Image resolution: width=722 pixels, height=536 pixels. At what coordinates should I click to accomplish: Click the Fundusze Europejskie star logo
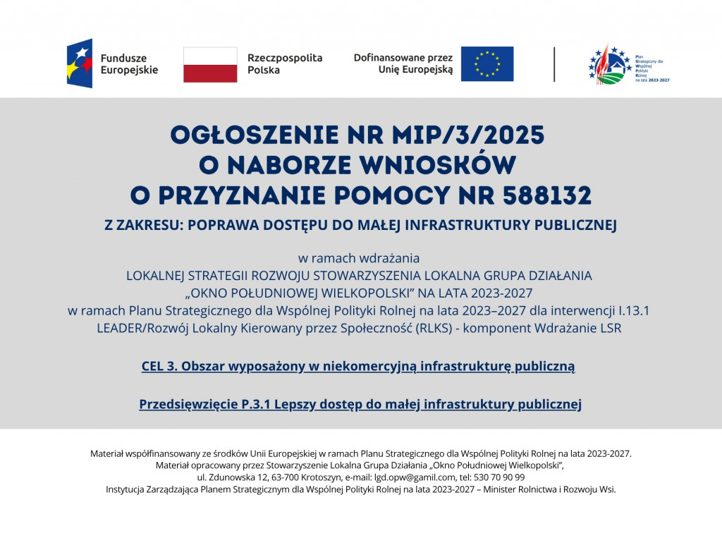tap(80, 63)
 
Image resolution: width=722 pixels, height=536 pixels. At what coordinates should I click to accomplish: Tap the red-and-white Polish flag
tap(210, 64)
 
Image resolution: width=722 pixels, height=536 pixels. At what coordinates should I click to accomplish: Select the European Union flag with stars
tap(487, 63)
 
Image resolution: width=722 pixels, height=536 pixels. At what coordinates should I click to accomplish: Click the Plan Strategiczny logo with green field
tap(610, 64)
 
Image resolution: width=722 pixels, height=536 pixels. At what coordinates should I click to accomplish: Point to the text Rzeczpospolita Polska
tap(284, 64)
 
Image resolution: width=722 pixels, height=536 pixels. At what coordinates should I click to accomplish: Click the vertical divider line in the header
tap(554, 64)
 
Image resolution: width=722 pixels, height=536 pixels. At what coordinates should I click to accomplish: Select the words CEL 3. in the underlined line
tap(160, 366)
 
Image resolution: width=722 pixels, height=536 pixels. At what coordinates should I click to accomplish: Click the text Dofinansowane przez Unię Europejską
tap(403, 64)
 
